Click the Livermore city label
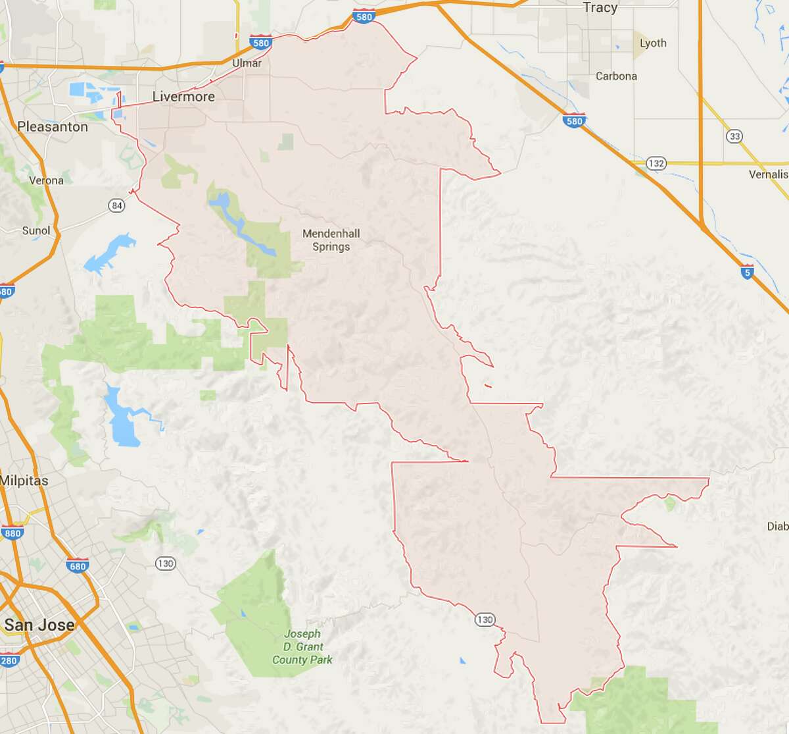click(183, 97)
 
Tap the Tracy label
click(600, 8)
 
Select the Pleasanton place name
click(53, 126)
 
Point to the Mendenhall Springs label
click(331, 240)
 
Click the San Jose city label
click(39, 624)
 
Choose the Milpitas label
click(24, 481)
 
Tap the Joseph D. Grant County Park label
click(302, 646)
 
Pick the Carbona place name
click(616, 76)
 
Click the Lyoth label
click(653, 43)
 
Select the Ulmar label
click(247, 63)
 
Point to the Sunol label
click(36, 230)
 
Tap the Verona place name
click(47, 180)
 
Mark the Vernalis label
click(768, 174)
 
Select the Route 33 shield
click(734, 136)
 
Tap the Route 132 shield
click(656, 163)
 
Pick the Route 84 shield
click(117, 205)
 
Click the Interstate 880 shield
click(12, 533)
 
